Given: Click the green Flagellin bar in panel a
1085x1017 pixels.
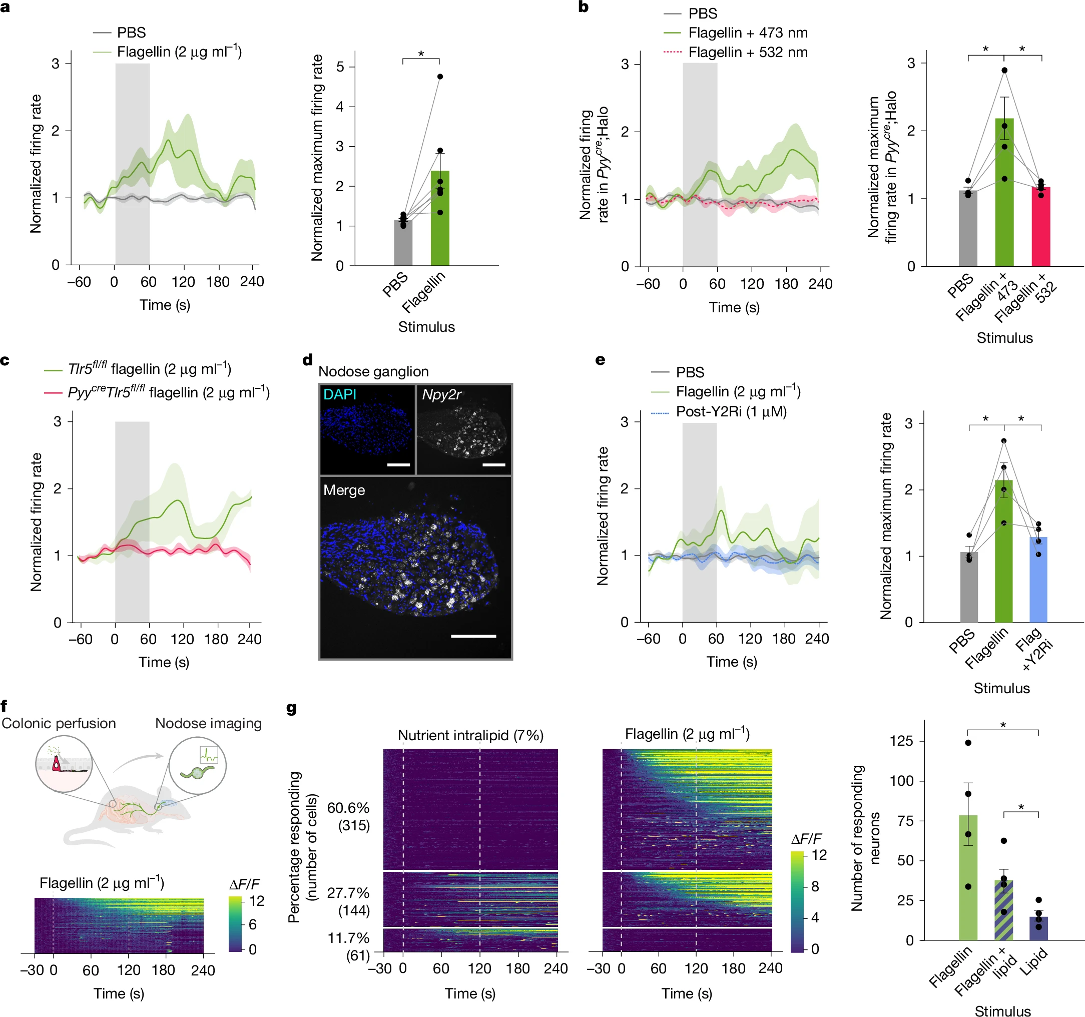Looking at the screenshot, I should [440, 218].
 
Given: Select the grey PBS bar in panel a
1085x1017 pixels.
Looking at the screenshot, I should [403, 243].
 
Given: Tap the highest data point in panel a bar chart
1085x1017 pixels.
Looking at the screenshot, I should [440, 77].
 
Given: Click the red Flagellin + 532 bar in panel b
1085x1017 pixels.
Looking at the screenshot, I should [1041, 227].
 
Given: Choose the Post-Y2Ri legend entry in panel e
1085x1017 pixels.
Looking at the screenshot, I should [731, 411].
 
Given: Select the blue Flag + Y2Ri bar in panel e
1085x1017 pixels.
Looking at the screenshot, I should [1038, 580].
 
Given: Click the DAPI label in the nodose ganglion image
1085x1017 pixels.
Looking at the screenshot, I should [339, 394].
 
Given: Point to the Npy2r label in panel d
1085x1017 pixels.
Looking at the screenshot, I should [441, 394].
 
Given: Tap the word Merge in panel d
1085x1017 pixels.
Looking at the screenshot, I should [344, 489].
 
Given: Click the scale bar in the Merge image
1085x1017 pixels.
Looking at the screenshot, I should [473, 636].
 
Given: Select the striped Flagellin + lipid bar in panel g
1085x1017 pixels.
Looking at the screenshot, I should [1004, 910].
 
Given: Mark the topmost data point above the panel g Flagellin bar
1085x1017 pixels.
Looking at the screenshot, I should [968, 742].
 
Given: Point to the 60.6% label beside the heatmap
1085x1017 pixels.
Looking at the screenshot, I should [348, 808].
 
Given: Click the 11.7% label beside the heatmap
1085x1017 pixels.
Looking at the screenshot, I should [348, 938].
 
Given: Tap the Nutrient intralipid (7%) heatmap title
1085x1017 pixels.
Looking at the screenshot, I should [470, 735].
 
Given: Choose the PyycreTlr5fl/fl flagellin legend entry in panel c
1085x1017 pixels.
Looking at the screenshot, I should [168, 392].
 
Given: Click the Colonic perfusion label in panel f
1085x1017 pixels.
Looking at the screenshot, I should [59, 723].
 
